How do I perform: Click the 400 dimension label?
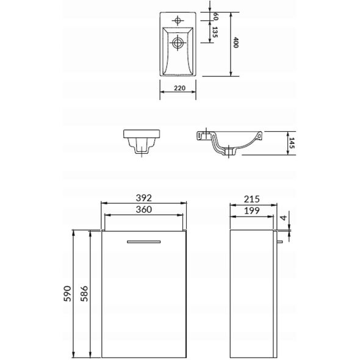pyautogui.click(x=236, y=43)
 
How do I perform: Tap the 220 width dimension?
pyautogui.click(x=179, y=88)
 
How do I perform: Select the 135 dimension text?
pyautogui.click(x=215, y=32)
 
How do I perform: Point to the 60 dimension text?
pyautogui.click(x=215, y=16)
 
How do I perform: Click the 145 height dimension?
pyautogui.click(x=291, y=143)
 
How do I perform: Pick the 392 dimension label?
pyautogui.click(x=144, y=198)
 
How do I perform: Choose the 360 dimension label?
pyautogui.click(x=144, y=209)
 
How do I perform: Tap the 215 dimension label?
pyautogui.click(x=252, y=199)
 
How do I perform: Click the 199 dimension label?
pyautogui.click(x=252, y=211)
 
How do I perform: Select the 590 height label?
pyautogui.click(x=68, y=293)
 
